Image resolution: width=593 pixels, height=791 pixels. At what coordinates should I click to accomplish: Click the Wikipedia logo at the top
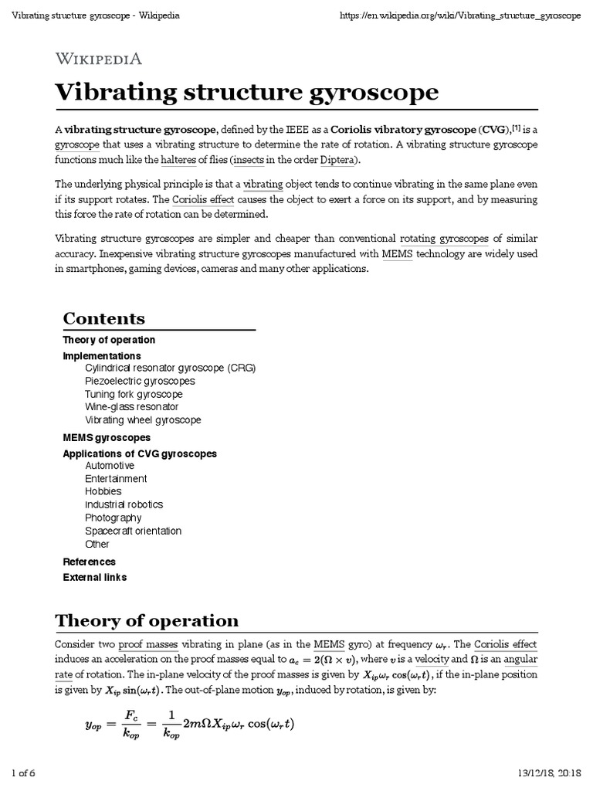tap(98, 58)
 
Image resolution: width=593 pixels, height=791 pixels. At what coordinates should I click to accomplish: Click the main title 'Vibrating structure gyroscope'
tap(247, 93)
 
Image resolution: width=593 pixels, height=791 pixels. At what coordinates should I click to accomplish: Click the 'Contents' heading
tap(103, 318)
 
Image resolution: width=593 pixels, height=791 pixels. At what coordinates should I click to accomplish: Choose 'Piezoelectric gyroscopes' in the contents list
tap(140, 381)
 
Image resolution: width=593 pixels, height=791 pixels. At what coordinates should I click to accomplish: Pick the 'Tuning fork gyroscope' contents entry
tap(134, 394)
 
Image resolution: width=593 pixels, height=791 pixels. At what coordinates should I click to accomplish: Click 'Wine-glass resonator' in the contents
tap(131, 406)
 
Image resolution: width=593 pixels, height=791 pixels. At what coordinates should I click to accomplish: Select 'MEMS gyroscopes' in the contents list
tap(106, 437)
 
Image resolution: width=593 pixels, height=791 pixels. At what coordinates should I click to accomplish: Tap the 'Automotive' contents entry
tap(110, 466)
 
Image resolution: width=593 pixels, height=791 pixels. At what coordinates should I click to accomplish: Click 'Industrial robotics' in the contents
tap(124, 504)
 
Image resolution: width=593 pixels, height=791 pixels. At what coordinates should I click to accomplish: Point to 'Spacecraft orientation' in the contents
tap(133, 531)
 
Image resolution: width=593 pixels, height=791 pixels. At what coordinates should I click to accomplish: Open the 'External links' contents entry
tap(95, 577)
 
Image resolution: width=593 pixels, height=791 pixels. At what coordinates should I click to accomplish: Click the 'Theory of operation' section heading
tap(147, 621)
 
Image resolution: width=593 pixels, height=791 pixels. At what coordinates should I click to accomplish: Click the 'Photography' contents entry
tap(113, 518)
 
